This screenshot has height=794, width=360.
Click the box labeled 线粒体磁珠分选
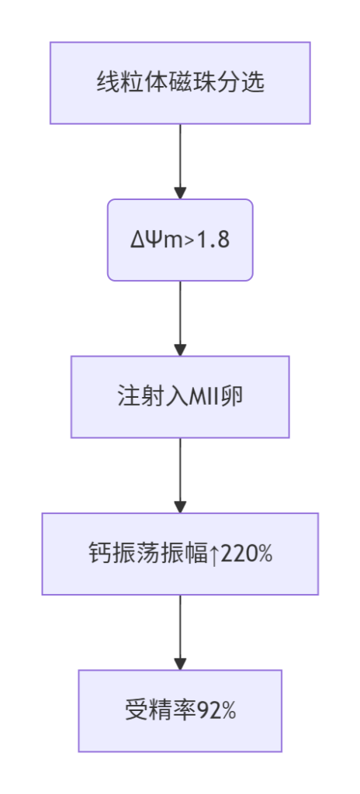[x=180, y=83]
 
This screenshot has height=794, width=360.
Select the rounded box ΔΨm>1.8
[x=180, y=240]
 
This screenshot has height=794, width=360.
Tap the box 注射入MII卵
[x=180, y=397]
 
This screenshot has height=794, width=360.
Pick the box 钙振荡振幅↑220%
[x=180, y=554]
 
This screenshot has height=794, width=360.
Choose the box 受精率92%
[x=180, y=711]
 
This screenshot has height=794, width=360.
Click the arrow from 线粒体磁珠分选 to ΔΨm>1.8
[x=180, y=161]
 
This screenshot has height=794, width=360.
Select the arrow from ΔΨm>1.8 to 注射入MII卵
[x=180, y=319]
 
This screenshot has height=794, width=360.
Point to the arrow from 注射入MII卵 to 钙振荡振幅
[x=180, y=475]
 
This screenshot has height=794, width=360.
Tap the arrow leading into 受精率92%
[x=180, y=633]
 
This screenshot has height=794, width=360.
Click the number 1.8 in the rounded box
[x=216, y=240]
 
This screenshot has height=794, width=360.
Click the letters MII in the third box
[x=206, y=397]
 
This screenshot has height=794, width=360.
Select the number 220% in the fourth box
[x=247, y=554]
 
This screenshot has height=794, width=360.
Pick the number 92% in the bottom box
[x=216, y=712]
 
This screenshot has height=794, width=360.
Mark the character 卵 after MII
[x=234, y=397]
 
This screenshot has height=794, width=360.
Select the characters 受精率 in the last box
[x=161, y=711]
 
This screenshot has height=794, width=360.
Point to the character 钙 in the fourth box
[x=96, y=554]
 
